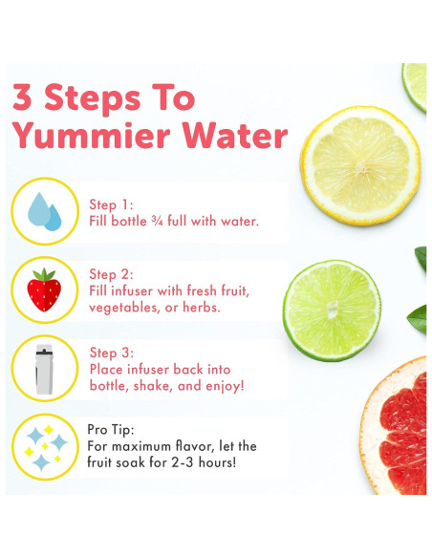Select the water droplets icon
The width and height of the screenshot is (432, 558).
click(x=44, y=211)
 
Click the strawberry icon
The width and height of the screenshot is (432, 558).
click(x=44, y=290)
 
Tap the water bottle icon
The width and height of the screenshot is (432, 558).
click(x=44, y=368)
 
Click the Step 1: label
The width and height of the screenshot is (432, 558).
click(x=112, y=204)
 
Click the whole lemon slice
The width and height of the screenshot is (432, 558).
click(x=360, y=164)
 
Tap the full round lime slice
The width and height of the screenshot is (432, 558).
click(x=332, y=311)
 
